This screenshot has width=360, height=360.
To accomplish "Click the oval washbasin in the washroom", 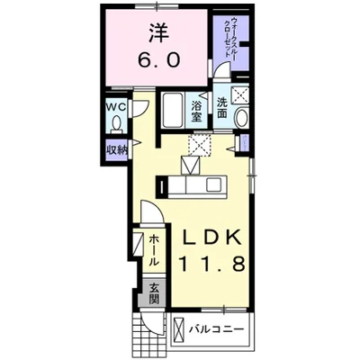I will tap(240, 118).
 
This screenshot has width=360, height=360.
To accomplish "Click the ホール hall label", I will tap(154, 248).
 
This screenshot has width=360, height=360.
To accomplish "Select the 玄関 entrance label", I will tap(154, 295).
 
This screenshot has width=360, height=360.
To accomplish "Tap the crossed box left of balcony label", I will tap(179, 329).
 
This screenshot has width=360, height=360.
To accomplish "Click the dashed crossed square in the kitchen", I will tap(198, 144).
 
